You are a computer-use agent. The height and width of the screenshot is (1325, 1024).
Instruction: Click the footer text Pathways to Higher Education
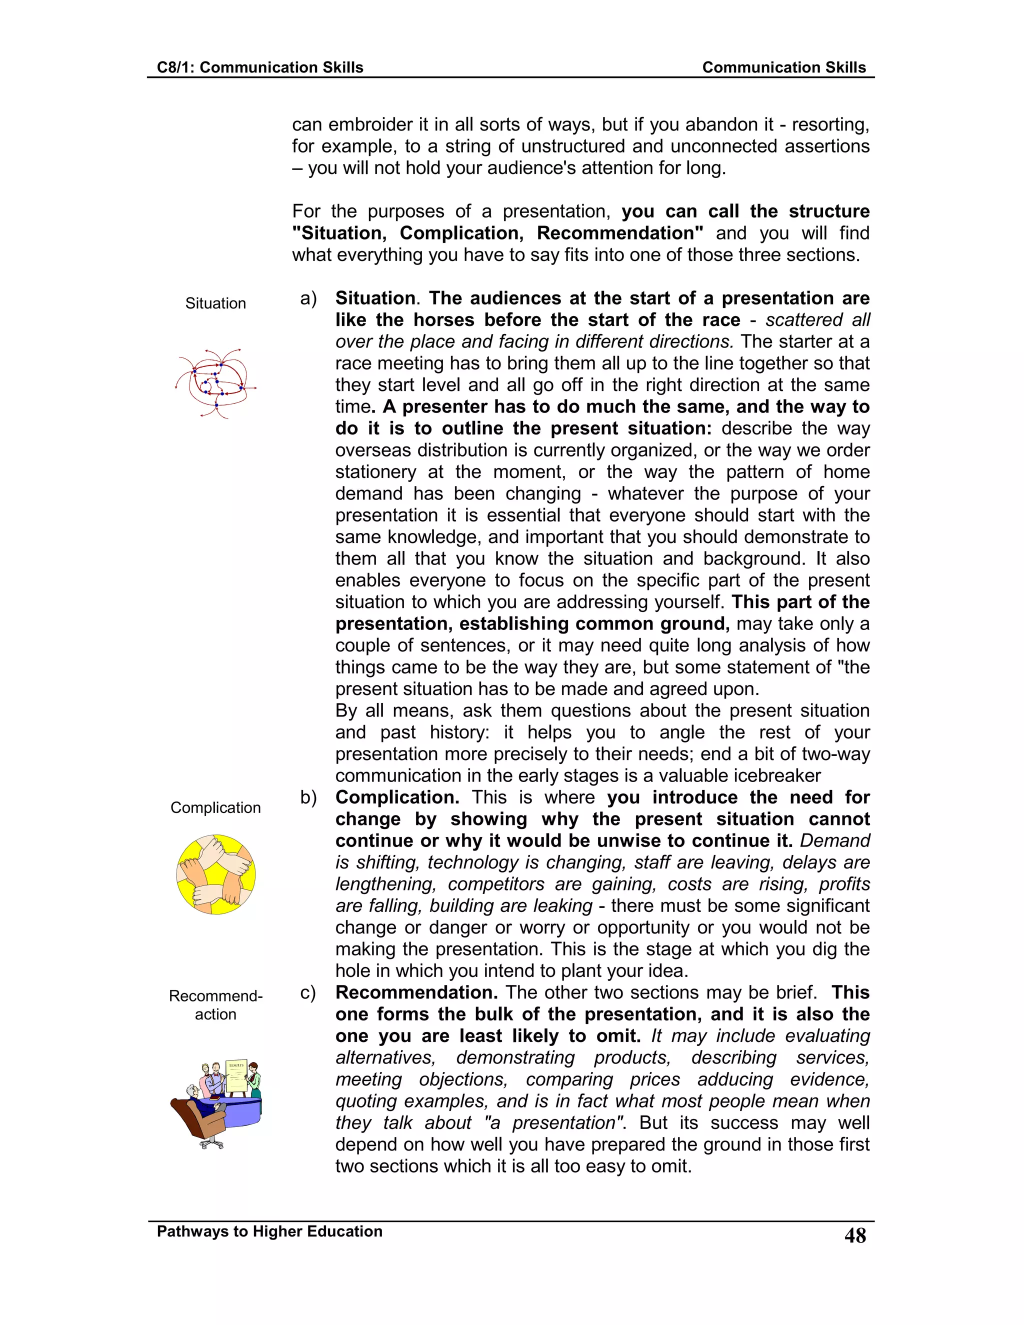pos(269,1231)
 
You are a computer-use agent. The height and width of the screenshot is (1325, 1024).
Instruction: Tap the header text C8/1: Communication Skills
pos(259,67)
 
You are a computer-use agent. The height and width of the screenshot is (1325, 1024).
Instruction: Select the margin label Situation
pos(215,303)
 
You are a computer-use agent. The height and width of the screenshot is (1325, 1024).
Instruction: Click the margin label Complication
pos(215,807)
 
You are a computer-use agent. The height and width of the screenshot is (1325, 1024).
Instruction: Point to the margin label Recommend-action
pos(215,1005)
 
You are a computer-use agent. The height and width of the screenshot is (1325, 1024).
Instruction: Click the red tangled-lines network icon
pos(215,383)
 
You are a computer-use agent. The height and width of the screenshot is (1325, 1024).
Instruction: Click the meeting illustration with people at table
pos(216,1104)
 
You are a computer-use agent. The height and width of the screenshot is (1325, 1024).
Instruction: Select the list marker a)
pos(308,298)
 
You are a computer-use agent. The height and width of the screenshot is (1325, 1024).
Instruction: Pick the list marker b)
pos(308,797)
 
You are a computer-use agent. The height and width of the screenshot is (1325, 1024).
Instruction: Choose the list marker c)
pos(308,992)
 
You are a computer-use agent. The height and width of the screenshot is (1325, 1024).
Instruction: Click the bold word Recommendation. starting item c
pos(416,992)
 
